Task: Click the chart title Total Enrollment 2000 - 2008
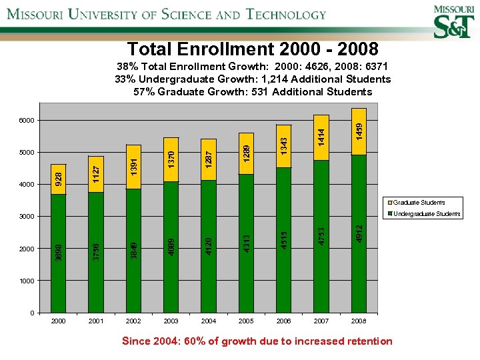253,49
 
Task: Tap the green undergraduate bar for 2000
59,253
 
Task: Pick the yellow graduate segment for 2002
133,167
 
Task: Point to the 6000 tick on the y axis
27,121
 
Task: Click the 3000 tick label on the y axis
27,217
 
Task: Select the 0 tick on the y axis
32,313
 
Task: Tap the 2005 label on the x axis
246,321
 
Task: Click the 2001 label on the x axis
96,321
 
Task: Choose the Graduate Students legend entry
419,203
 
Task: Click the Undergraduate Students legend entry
427,214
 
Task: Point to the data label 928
59,178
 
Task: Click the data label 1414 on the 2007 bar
321,139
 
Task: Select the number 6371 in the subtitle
374,67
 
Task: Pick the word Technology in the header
286,14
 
